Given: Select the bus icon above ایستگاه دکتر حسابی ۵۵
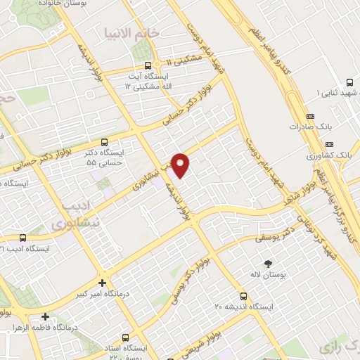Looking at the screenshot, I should point(105,141).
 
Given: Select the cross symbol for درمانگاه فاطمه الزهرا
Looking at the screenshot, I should point(46,317).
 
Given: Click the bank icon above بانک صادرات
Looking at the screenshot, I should point(310,117).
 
